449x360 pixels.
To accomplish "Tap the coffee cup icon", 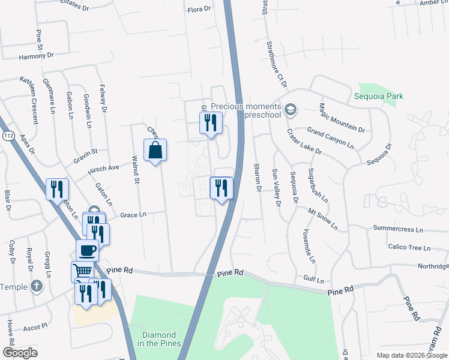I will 87,250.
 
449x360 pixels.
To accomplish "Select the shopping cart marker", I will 82,271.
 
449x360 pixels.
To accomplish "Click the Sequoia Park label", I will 378,96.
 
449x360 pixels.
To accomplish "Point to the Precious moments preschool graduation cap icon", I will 291,109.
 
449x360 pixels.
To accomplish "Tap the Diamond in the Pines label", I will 159,340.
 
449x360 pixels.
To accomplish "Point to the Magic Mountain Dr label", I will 342,118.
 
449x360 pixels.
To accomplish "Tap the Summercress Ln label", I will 398,229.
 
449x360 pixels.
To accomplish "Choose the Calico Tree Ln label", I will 410,247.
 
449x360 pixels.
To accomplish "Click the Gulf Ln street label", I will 313,280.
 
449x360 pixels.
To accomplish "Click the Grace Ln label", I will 133,214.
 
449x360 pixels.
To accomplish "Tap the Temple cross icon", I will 36,286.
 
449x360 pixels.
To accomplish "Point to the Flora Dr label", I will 199,9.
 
